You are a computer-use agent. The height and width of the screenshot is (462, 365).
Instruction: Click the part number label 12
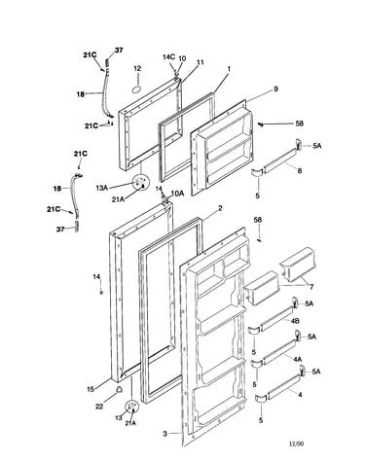point(137,68)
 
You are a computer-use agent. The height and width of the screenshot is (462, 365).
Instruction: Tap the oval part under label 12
point(137,89)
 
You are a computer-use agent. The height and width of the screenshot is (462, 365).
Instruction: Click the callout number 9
point(275,89)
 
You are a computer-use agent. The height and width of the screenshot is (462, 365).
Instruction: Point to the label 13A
point(102,188)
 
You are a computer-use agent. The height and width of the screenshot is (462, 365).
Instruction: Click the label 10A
point(177,194)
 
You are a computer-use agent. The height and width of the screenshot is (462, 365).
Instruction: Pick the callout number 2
point(220,208)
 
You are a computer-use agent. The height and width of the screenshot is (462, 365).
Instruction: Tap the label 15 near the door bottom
point(91,389)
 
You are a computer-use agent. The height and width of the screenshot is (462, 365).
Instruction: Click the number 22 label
point(99,406)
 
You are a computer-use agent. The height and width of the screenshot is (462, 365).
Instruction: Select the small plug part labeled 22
point(120,389)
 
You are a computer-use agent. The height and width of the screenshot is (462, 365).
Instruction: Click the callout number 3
point(164,434)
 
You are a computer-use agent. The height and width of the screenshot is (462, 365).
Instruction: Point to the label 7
point(311,287)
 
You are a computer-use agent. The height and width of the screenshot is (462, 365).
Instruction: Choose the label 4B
point(295,321)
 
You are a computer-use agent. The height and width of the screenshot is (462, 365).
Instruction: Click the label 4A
point(298,359)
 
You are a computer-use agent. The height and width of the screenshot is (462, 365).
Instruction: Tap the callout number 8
point(300,170)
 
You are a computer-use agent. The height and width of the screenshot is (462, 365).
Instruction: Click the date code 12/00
point(297,444)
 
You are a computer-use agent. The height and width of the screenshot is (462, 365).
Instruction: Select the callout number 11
point(201,62)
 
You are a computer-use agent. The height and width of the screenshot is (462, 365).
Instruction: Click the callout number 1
point(229,69)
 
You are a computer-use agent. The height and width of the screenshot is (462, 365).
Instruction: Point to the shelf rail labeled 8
point(279,160)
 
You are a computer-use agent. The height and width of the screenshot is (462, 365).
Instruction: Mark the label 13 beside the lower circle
point(119,418)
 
